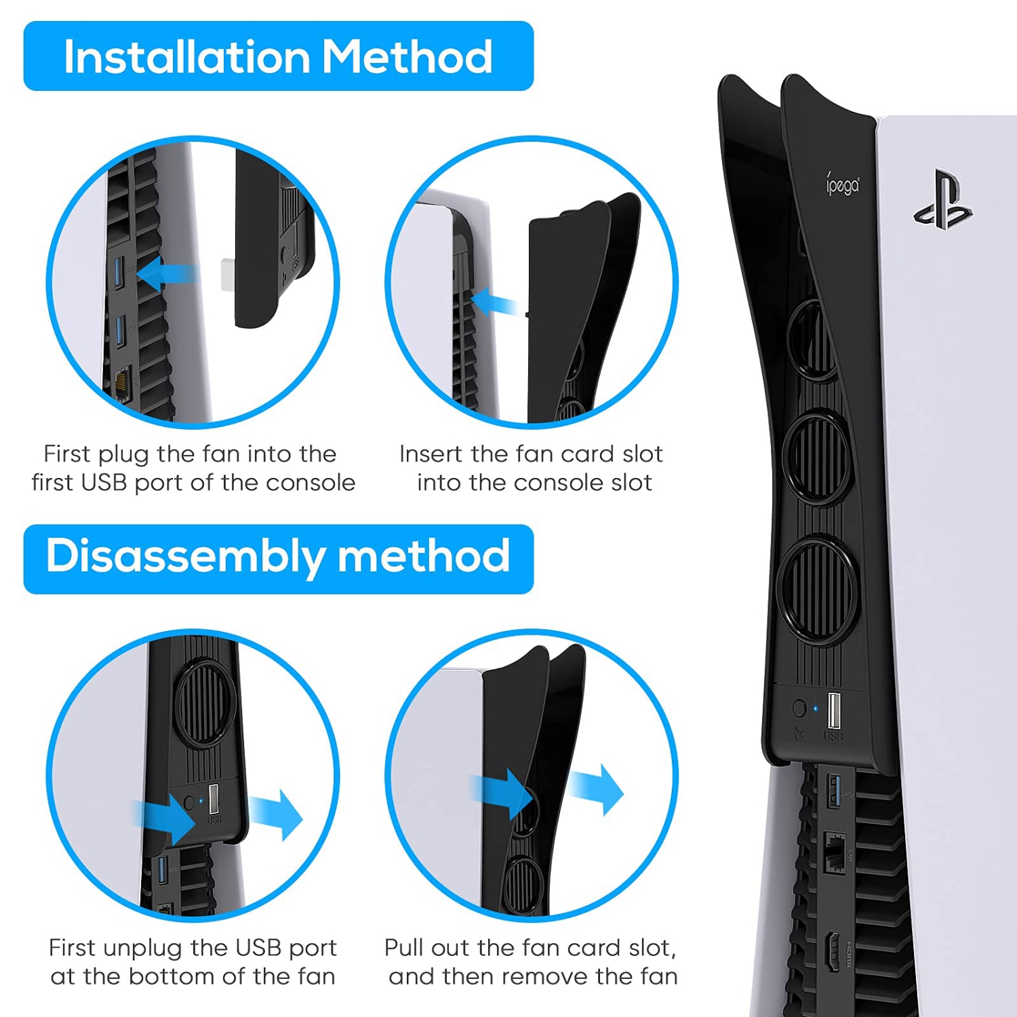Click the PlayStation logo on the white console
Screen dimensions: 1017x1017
click(943, 200)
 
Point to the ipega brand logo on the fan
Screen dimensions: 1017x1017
click(843, 184)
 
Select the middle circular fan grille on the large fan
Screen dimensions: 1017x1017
click(818, 456)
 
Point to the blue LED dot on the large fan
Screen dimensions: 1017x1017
click(815, 709)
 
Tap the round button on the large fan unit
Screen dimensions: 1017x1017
click(799, 709)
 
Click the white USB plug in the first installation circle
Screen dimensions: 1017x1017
click(229, 275)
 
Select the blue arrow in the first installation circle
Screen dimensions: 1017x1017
click(166, 274)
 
